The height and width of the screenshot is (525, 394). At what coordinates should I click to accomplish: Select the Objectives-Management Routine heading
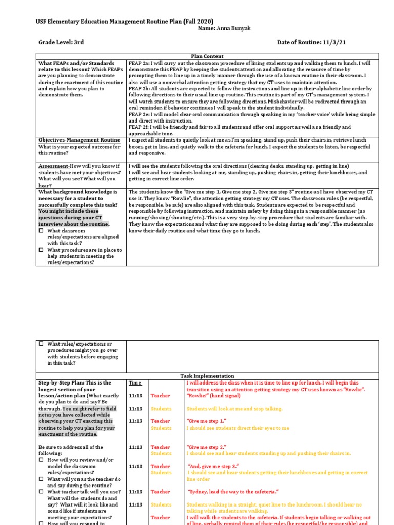[x=80, y=140]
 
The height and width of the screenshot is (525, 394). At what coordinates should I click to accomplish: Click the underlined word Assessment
[x=54, y=166]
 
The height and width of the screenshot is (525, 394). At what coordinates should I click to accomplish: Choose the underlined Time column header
[x=134, y=382]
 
